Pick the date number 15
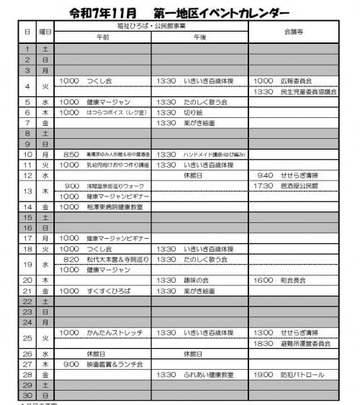click(27, 217)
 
